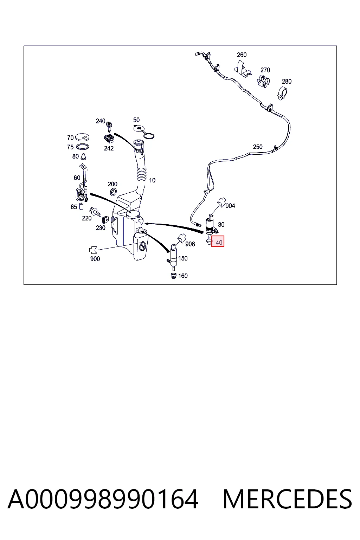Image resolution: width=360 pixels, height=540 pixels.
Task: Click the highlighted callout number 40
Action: [x=219, y=243]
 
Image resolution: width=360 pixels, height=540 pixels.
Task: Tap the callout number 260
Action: [x=242, y=55]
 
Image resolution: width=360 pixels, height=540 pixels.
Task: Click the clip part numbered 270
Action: [x=263, y=81]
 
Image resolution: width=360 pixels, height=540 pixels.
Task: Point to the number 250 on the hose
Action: [x=258, y=147]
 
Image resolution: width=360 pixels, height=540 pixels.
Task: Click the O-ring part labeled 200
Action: [x=113, y=192]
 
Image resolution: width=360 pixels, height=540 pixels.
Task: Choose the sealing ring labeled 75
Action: [x=83, y=147]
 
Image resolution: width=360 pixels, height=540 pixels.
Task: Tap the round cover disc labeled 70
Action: [x=83, y=137]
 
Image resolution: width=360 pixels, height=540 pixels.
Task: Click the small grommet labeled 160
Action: [x=173, y=276]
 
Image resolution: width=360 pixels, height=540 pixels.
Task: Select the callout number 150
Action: [x=183, y=258]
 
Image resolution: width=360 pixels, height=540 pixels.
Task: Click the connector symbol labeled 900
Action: [x=93, y=250]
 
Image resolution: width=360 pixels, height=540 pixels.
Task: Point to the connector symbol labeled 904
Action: [x=221, y=202]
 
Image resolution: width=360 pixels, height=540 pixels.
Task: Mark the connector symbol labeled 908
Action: [x=182, y=238]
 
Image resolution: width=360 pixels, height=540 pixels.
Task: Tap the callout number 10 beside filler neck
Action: [x=152, y=180]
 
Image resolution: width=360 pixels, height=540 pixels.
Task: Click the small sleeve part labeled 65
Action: [x=81, y=207]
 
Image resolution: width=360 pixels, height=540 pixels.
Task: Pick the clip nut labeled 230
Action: [x=105, y=220]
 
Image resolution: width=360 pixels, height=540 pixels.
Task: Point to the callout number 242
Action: [x=109, y=148]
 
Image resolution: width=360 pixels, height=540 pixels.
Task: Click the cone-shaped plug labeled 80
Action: [x=83, y=157]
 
